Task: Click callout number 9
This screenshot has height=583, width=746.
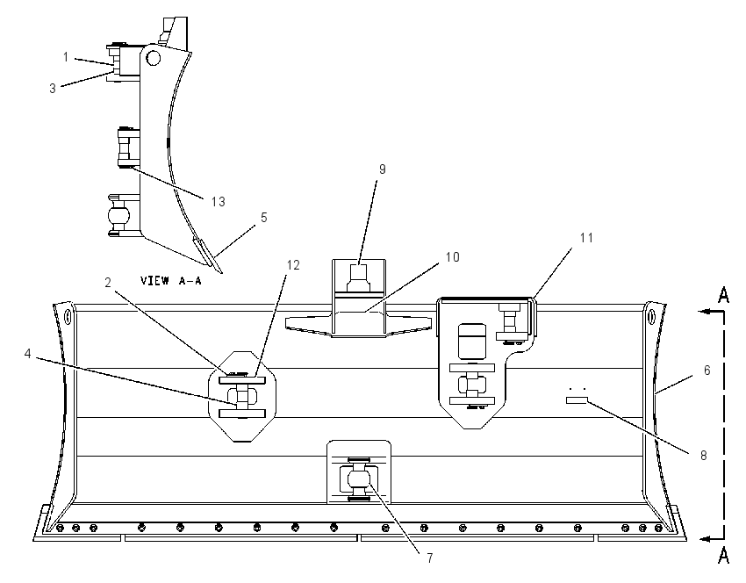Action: click(x=382, y=169)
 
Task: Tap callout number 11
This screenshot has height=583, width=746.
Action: click(x=586, y=237)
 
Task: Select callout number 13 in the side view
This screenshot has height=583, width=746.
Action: click(x=218, y=202)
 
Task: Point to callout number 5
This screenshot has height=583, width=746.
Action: click(x=264, y=218)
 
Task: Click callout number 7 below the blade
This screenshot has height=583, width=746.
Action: click(x=430, y=558)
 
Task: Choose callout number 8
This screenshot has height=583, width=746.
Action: click(x=704, y=456)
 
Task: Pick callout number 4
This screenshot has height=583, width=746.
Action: click(x=27, y=354)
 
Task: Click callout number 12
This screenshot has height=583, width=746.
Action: click(x=293, y=265)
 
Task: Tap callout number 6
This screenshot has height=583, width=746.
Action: click(x=707, y=370)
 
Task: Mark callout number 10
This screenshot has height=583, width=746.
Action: click(x=453, y=257)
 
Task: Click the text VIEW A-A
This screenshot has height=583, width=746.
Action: click(x=171, y=280)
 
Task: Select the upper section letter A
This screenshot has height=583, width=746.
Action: click(x=724, y=296)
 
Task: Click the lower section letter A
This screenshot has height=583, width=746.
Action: click(x=724, y=555)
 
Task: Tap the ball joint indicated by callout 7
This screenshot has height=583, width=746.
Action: click(x=358, y=479)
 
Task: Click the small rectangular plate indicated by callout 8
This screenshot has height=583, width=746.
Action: click(x=577, y=400)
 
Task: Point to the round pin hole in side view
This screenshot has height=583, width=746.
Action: click(x=154, y=59)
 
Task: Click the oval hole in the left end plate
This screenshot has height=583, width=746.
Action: click(x=68, y=315)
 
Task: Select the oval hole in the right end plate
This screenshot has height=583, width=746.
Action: click(x=651, y=315)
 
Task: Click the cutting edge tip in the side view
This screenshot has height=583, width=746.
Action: click(x=221, y=273)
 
